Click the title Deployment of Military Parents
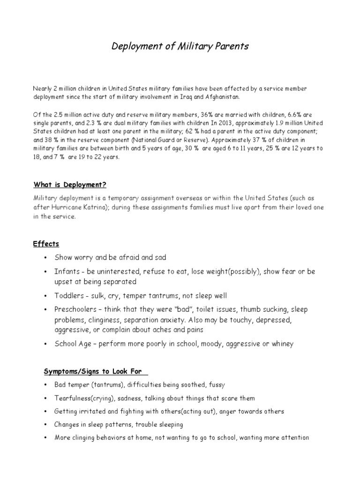180,46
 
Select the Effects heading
46,244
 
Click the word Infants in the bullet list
66,272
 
